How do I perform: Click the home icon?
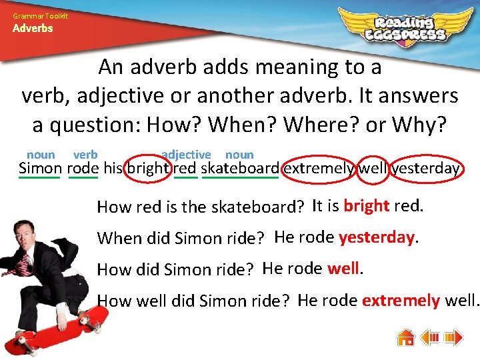406,337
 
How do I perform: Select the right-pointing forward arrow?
453,337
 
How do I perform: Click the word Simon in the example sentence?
39,168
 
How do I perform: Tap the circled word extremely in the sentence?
319,168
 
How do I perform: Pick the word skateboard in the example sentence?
240,168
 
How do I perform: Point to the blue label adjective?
185,155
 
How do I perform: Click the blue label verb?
85,155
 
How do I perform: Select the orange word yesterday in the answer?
377,237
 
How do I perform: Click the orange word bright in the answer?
367,205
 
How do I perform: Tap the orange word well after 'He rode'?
343,268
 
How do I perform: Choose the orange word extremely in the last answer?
401,300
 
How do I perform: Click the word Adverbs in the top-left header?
33,29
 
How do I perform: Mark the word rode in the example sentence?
83,168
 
